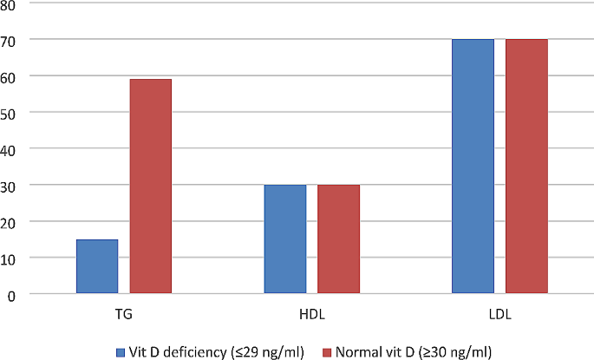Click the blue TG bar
(97, 266)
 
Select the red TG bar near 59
(151, 187)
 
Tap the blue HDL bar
(284, 239)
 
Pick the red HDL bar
(338, 239)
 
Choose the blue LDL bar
(473, 167)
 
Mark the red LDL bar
(526, 167)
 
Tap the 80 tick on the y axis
(12, 3)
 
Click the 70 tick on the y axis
(12, 40)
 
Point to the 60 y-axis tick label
(12, 76)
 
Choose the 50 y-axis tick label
(12, 113)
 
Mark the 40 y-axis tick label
(12, 149)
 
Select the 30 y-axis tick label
(12, 186)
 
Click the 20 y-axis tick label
(12, 222)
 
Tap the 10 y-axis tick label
(12, 259)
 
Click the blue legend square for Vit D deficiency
(121, 351)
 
